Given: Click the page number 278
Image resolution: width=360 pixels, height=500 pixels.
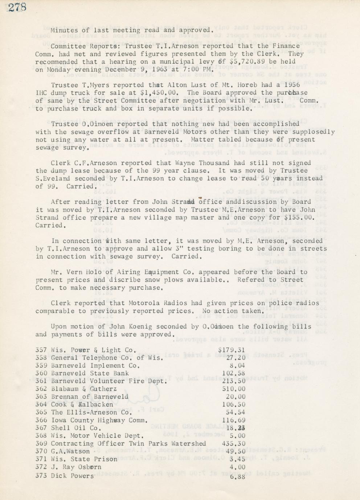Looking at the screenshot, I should tap(17, 7).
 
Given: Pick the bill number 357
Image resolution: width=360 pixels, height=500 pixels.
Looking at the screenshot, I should tap(41, 350).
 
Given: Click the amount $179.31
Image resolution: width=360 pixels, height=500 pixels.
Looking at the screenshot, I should tap(232, 350).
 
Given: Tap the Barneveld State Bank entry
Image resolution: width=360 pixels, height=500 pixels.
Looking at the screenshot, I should tap(90, 373).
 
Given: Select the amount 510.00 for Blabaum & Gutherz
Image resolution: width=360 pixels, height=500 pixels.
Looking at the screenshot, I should tap(234, 389).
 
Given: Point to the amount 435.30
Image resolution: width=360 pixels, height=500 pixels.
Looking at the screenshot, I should tap(234, 443).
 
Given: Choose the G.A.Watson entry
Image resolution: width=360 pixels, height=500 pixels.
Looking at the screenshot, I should tap(70, 451).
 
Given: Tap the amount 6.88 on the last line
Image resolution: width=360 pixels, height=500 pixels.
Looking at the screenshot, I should tap(238, 476).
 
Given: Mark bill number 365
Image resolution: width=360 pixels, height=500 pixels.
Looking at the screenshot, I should tap(41, 412).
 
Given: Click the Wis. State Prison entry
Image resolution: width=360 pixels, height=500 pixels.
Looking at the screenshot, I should tap(84, 459).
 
